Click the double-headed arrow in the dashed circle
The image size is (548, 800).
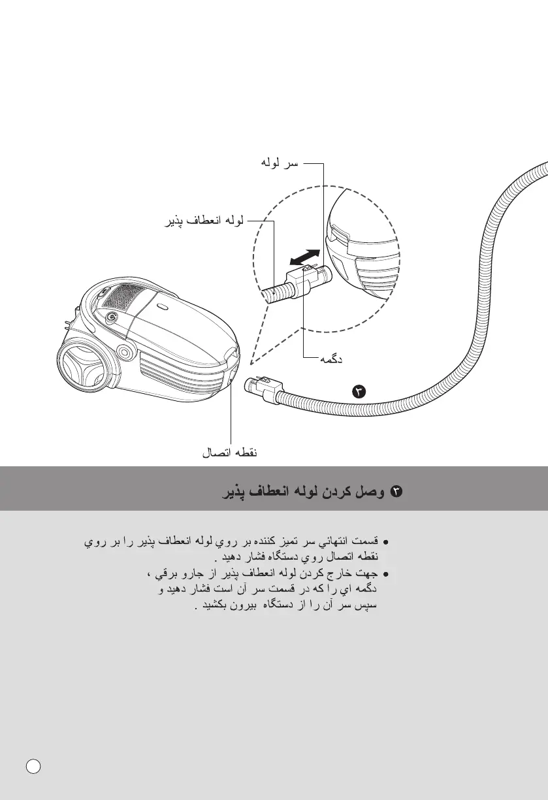(x=304, y=257)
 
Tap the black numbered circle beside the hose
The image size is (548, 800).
(x=359, y=392)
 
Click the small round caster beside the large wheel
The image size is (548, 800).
(x=123, y=353)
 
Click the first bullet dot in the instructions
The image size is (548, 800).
(x=386, y=543)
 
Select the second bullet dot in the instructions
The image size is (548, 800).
(x=386, y=575)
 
